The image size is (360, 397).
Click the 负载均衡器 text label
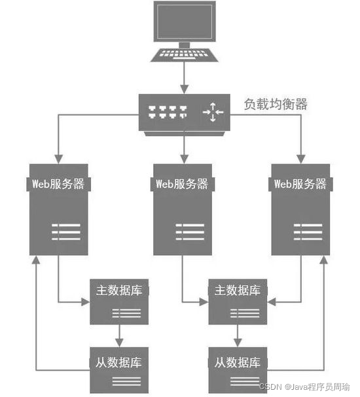click(x=276, y=104)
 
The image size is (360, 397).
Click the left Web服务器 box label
click(x=58, y=184)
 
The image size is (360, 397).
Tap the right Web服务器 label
click(x=300, y=184)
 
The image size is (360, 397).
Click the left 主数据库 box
click(x=119, y=302)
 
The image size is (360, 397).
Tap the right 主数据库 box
click(x=238, y=302)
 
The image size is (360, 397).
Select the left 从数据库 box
click(x=119, y=369)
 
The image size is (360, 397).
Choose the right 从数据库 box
click(x=238, y=369)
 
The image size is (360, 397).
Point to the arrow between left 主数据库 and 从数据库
click(x=119, y=336)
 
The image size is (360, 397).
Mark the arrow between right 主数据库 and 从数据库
click(x=238, y=336)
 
